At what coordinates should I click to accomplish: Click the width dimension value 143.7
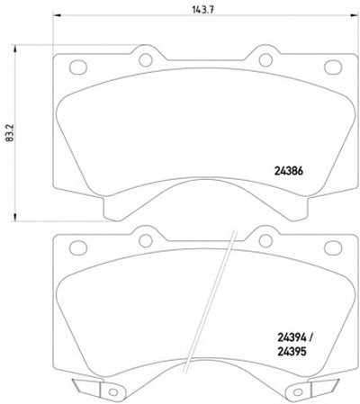(x=202, y=10)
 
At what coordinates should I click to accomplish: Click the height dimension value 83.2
(x=9, y=133)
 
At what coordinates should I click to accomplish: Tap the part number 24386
(x=289, y=171)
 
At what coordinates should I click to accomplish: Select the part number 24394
(x=292, y=338)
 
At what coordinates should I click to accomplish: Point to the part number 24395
(x=292, y=351)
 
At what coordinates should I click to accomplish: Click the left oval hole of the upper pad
(x=78, y=67)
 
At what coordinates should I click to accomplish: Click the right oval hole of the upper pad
(x=333, y=67)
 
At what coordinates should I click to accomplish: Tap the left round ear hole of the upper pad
(x=146, y=60)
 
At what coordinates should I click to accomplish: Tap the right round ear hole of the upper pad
(x=265, y=60)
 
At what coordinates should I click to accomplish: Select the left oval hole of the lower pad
(x=78, y=247)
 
